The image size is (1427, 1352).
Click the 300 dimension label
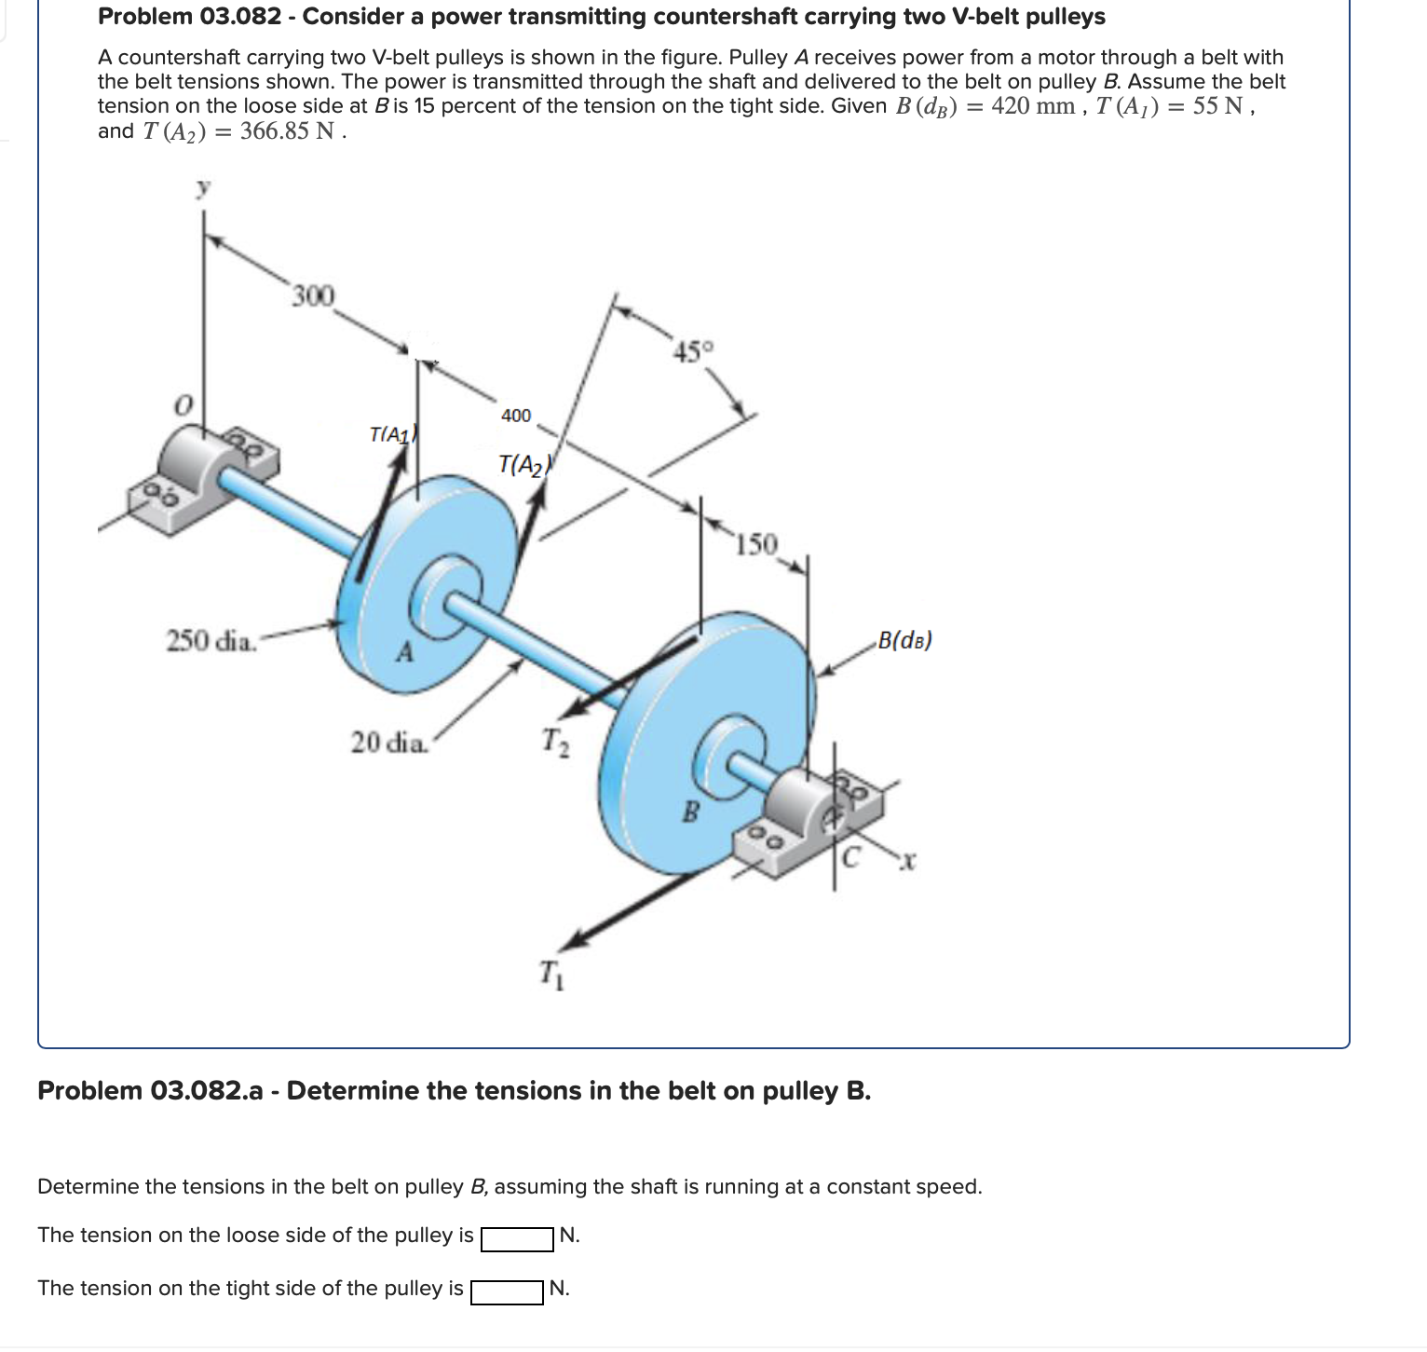coord(312,296)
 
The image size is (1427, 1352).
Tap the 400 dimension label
coord(516,416)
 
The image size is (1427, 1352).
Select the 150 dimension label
coord(755,544)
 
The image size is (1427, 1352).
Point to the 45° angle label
coord(694,352)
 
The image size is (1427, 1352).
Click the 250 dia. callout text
coord(211,641)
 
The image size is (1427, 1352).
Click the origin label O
coord(184,405)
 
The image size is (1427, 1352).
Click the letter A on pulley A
coord(404,653)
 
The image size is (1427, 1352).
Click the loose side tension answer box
coord(517,1238)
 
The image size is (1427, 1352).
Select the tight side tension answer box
coord(507,1291)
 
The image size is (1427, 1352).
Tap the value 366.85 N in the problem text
coord(287,131)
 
